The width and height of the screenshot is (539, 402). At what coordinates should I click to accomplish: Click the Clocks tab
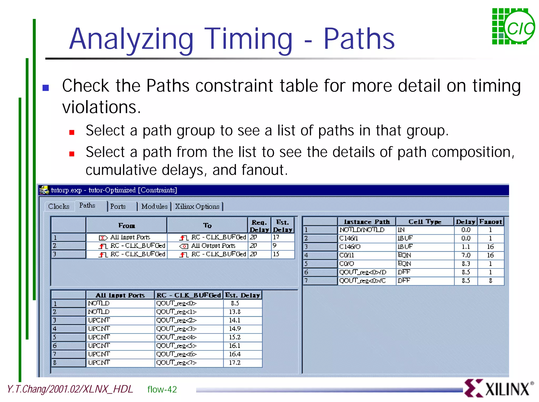tap(59, 207)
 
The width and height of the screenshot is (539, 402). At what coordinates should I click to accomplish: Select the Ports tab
tap(118, 207)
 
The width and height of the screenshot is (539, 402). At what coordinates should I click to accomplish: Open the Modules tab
tap(154, 207)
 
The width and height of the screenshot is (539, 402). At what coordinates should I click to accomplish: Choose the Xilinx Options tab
tap(197, 207)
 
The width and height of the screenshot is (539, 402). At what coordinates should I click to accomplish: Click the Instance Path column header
tap(367, 222)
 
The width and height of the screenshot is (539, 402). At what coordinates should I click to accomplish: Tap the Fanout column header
tap(490, 222)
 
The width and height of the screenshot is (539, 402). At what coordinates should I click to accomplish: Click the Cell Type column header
tap(425, 222)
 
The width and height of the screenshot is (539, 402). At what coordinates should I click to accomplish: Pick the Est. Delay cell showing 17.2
tap(235, 363)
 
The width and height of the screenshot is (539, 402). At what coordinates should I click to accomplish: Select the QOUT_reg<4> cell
tap(176, 337)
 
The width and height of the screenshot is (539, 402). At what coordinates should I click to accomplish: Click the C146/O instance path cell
tap(350, 247)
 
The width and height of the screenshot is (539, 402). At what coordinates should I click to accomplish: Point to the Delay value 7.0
tap(466, 255)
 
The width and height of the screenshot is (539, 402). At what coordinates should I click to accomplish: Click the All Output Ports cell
tap(213, 246)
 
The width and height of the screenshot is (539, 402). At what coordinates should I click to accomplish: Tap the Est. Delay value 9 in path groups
tap(275, 246)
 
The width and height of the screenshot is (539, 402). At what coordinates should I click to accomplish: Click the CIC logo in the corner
tap(513, 27)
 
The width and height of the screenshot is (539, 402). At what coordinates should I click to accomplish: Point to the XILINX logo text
tap(507, 389)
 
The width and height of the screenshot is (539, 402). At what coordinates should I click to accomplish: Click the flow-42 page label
tap(162, 389)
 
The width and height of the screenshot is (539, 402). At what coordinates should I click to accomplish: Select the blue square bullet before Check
tap(46, 87)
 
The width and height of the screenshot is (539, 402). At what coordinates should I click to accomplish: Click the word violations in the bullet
tap(101, 107)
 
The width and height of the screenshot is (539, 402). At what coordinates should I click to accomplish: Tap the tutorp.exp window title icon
tap(44, 190)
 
